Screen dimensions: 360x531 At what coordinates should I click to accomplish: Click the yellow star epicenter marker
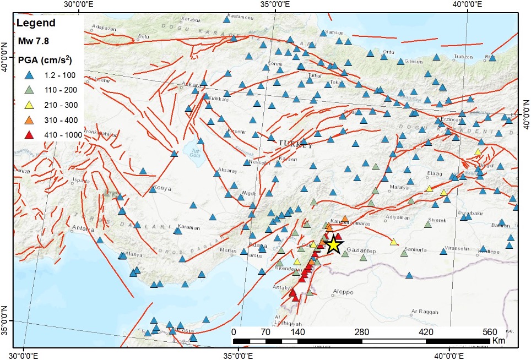pos(333,244)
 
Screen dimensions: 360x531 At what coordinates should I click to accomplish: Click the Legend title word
pos(36,23)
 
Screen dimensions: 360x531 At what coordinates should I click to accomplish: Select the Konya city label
pos(164,188)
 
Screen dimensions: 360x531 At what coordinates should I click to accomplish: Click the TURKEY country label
pos(295,144)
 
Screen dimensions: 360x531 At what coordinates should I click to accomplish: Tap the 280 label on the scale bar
pos(362,332)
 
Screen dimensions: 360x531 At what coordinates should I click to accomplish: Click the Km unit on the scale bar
pos(499,341)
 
